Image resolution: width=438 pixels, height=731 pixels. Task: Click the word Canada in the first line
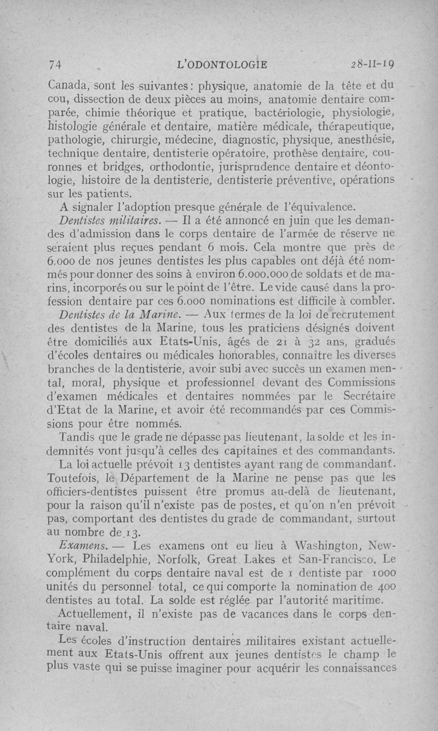pos(67,85)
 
